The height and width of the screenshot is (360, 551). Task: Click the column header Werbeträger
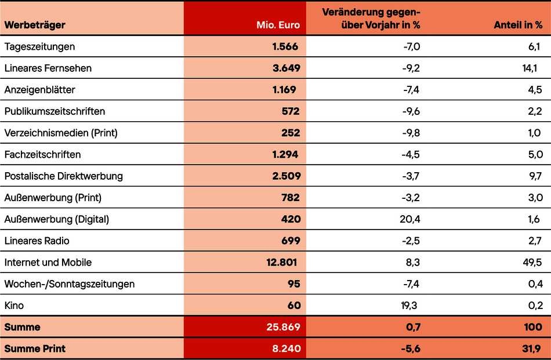point(35,25)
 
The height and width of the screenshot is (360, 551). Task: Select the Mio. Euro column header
point(278,25)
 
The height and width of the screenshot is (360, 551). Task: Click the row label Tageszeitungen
point(39,46)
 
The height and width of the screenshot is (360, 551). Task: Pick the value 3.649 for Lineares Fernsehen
point(287,68)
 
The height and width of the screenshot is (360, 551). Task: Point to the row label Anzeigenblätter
point(39,90)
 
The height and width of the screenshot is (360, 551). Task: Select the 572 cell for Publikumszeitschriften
point(291,111)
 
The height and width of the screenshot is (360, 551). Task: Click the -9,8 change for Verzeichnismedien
point(411,133)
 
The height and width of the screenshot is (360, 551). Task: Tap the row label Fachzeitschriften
point(42,155)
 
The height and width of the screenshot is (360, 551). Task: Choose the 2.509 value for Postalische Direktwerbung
point(287,176)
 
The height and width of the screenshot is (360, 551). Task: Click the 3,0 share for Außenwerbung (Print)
point(535,198)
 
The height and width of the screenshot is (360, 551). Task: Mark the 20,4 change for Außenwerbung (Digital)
point(410,219)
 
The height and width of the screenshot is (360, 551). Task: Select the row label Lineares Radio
point(37,241)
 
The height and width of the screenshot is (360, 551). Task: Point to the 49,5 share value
point(532,263)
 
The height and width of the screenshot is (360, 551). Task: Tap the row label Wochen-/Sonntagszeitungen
point(70,284)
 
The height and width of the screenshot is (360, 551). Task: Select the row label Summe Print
point(35,349)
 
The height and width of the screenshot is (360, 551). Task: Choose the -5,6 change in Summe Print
point(409,349)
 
